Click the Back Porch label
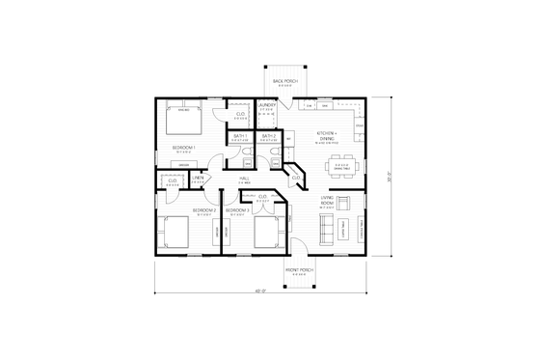click(x=283, y=81)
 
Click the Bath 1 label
click(x=240, y=136)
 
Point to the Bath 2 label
click(x=268, y=136)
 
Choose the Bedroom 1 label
click(x=184, y=148)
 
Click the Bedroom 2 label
click(x=202, y=210)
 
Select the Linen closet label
click(x=197, y=179)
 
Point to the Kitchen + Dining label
click(x=333, y=136)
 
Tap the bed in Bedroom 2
click(x=175, y=232)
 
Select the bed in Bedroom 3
click(x=266, y=232)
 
